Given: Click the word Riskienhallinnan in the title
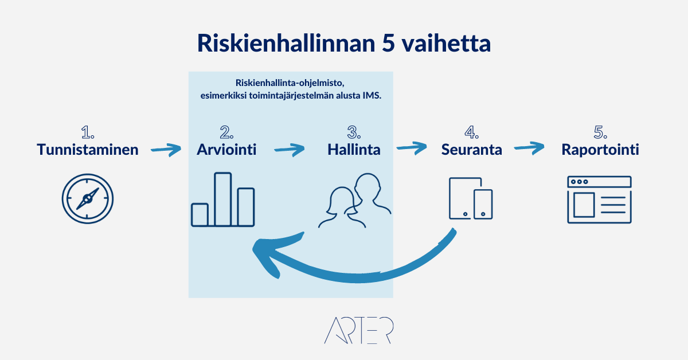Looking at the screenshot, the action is click(286, 43).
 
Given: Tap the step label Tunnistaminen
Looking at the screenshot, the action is click(88, 150).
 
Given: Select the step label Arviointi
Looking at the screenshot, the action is click(226, 150).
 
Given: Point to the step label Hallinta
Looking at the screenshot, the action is click(354, 150).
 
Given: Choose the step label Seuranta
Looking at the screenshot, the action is click(471, 150).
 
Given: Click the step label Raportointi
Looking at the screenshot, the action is click(600, 150).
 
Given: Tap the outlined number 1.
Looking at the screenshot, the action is click(88, 132).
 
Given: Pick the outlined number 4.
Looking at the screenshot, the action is click(471, 132).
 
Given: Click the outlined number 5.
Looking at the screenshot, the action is click(600, 132).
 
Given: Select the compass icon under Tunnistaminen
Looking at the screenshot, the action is click(88, 198).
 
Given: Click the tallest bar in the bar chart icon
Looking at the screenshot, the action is click(222, 199).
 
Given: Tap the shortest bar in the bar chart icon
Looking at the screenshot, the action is click(200, 215).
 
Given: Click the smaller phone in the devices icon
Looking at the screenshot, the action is click(483, 204).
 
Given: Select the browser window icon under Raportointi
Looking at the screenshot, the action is click(599, 199).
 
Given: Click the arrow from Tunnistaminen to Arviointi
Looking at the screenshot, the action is click(166, 150).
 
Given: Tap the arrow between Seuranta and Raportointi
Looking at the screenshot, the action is click(529, 148).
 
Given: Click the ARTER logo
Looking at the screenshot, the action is click(359, 330).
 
